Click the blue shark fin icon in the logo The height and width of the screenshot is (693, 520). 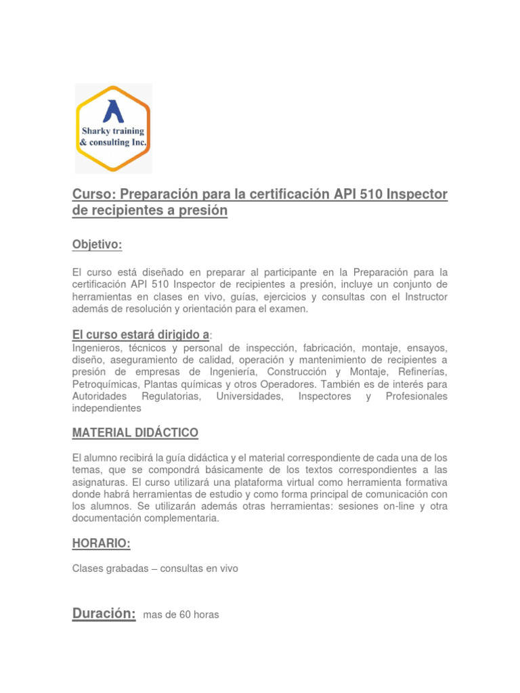(112, 111)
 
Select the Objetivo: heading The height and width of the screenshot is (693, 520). (97, 244)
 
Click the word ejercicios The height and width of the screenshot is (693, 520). (262, 296)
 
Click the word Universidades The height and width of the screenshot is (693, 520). (249, 397)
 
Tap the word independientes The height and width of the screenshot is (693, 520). (106, 409)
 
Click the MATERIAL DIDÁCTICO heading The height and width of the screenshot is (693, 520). (135, 432)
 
